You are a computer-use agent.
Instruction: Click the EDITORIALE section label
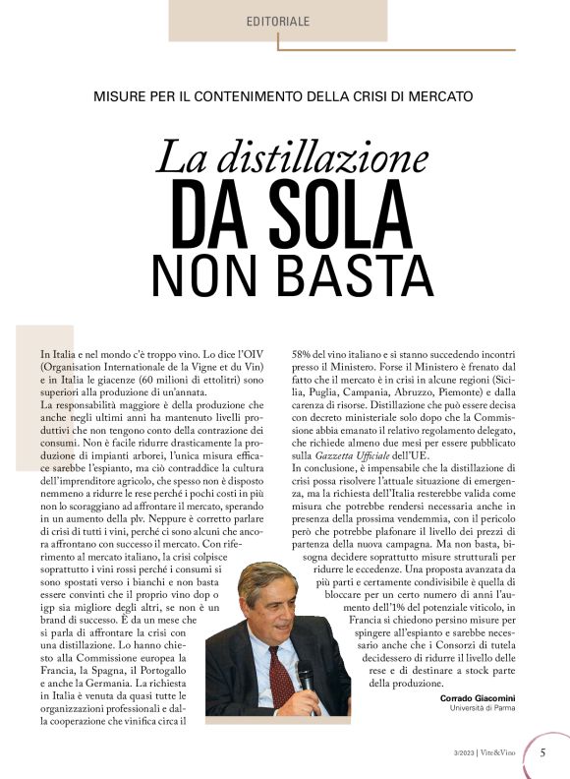coord(278,21)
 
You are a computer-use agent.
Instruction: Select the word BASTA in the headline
coord(345,272)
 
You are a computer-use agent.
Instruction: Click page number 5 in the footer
coord(543,752)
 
